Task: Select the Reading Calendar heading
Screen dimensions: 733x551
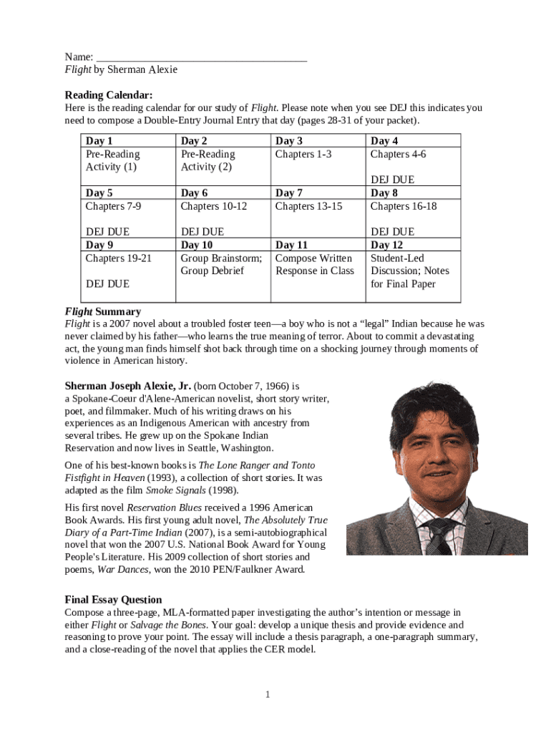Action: pyautogui.click(x=109, y=95)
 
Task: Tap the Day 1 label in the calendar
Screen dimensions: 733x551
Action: pyautogui.click(x=99, y=141)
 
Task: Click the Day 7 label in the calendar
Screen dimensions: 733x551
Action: pyautogui.click(x=289, y=193)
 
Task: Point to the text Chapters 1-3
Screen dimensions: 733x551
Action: pyautogui.click(x=303, y=154)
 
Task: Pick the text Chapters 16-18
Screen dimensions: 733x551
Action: pyautogui.click(x=404, y=206)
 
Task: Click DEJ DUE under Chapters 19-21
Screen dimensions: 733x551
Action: pyautogui.click(x=107, y=283)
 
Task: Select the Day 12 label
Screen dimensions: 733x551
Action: pyautogui.click(x=386, y=245)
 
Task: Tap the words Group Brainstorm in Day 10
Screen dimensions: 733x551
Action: pyautogui.click(x=221, y=258)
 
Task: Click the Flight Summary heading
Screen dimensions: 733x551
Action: pyautogui.click(x=103, y=311)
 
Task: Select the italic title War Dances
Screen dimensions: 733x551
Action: pyautogui.click(x=122, y=570)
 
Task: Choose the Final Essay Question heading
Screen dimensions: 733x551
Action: pyautogui.click(x=113, y=599)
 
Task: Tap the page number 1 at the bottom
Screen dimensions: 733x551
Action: pyautogui.click(x=266, y=694)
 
